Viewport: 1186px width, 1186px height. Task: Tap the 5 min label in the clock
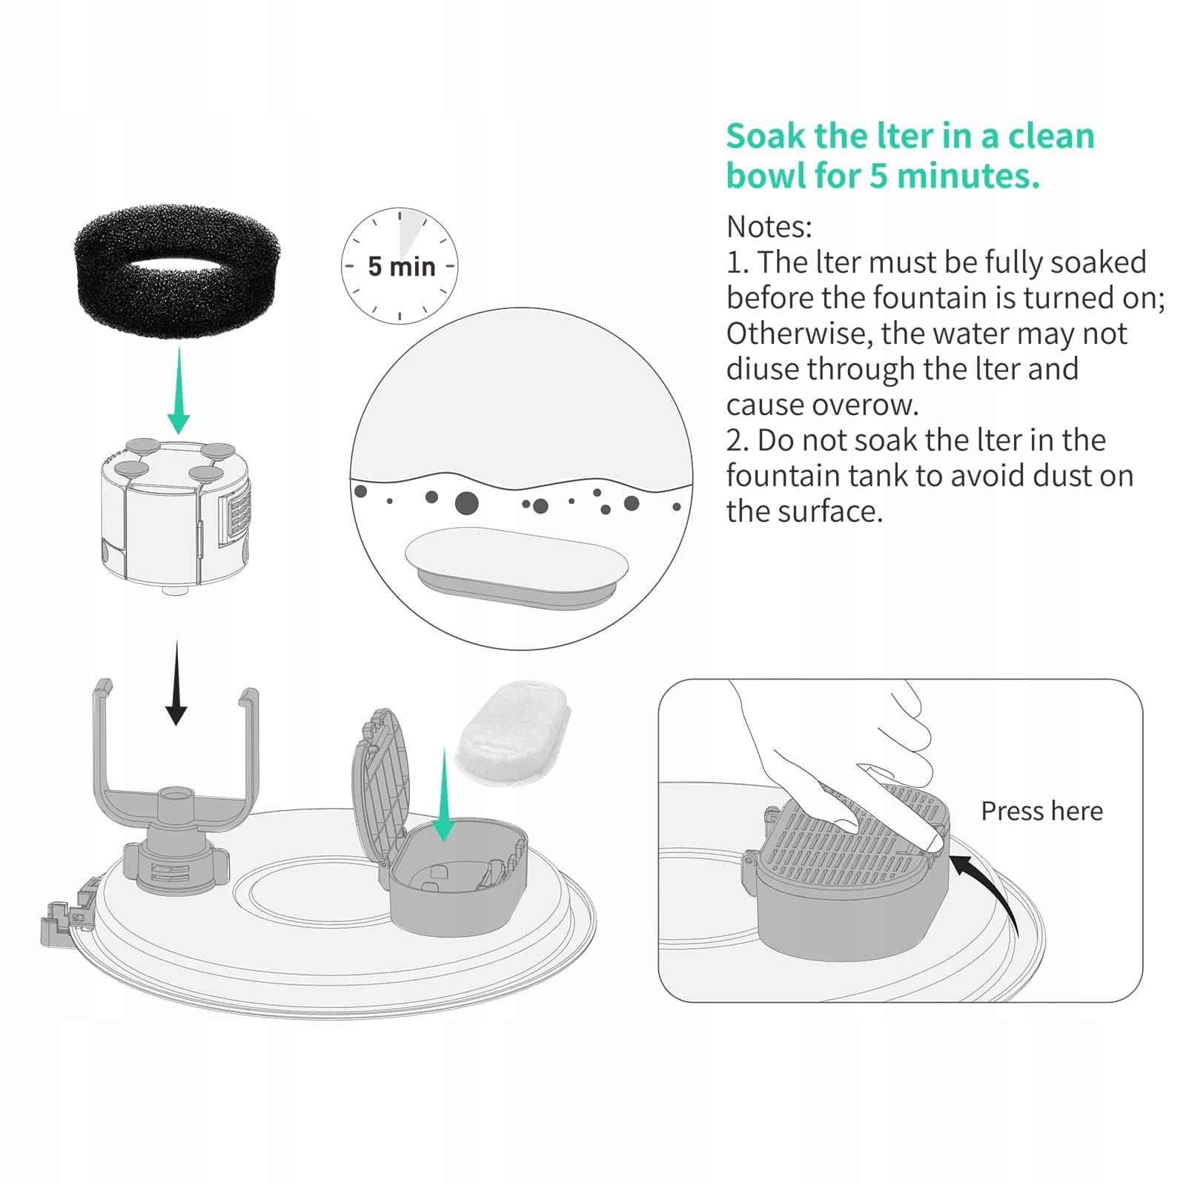401,266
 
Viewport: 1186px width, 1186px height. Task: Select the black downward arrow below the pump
176,683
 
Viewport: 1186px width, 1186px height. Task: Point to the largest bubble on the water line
466,503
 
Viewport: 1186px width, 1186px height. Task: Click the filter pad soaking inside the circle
517,568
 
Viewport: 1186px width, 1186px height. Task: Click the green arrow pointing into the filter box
443,794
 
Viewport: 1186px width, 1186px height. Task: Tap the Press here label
1041,811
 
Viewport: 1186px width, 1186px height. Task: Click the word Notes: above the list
769,227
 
